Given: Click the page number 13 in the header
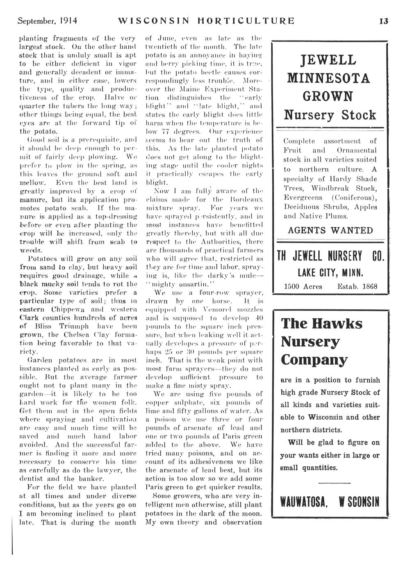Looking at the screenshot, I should [383, 21].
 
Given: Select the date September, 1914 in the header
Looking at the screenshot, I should [48, 21].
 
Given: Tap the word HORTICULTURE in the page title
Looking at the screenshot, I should [246, 21].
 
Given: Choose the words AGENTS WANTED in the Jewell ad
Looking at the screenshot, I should [330, 230].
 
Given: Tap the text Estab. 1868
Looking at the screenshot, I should [357, 286].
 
